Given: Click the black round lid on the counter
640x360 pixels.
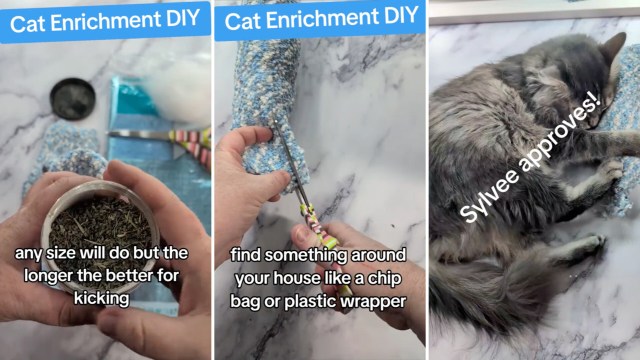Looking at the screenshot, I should [x=73, y=99].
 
